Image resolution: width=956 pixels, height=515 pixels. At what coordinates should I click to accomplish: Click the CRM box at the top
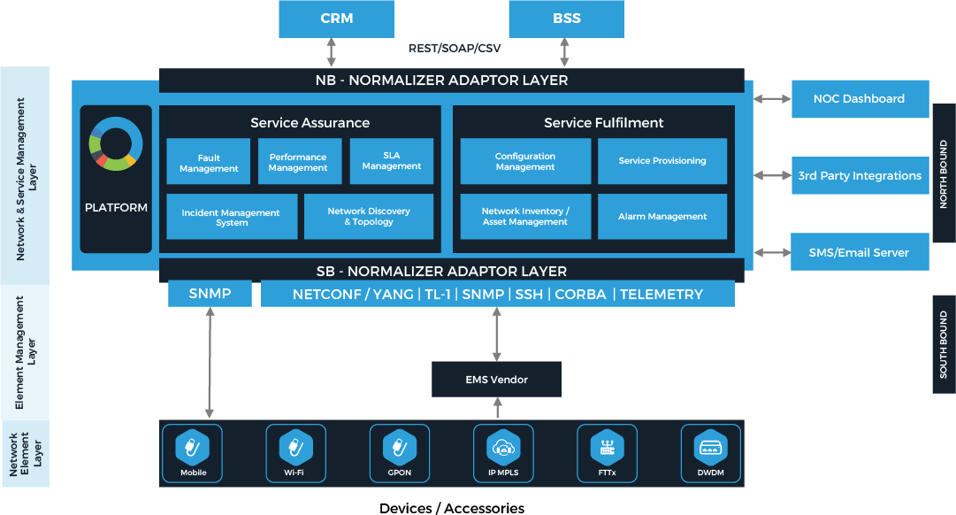click(336, 19)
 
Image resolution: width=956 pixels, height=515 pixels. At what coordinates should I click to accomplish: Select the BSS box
click(566, 19)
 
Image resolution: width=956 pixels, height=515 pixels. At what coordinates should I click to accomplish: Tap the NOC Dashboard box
click(860, 99)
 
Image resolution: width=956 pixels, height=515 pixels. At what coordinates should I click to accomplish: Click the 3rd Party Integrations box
click(860, 176)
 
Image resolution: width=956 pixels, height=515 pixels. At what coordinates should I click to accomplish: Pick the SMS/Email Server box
click(860, 252)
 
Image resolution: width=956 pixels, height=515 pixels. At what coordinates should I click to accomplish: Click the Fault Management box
click(209, 162)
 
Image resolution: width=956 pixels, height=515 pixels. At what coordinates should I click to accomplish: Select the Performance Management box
click(299, 162)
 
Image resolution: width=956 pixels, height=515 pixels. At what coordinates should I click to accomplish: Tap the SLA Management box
click(392, 161)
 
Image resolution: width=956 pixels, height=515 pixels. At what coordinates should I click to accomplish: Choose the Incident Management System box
click(232, 218)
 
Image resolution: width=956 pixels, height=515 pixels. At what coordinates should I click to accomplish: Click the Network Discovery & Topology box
click(369, 217)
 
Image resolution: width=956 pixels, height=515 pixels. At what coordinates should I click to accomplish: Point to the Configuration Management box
click(525, 161)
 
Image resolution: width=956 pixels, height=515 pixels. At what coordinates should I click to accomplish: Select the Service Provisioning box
click(662, 161)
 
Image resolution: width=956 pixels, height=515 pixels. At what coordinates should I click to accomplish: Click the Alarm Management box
click(662, 217)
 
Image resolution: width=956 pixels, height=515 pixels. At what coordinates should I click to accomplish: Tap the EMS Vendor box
click(496, 380)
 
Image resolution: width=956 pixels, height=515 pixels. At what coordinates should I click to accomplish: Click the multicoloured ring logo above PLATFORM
click(116, 142)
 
